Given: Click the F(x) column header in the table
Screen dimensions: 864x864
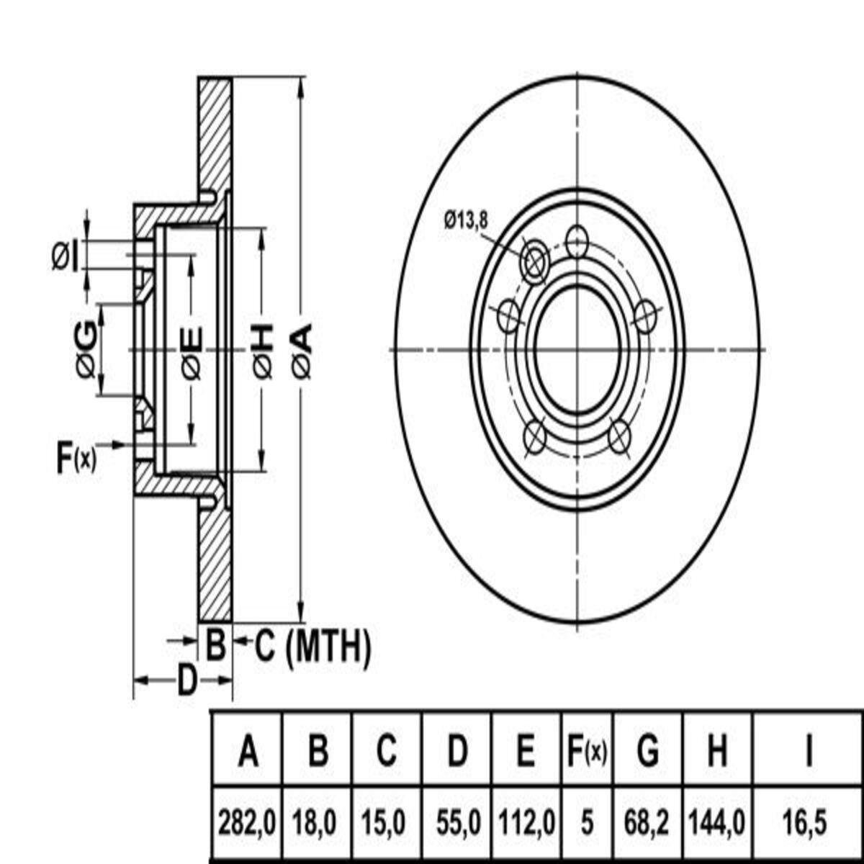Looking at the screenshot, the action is (x=587, y=752).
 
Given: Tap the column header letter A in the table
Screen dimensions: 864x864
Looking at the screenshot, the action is (x=248, y=752).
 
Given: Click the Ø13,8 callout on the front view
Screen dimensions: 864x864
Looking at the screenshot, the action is (x=466, y=220).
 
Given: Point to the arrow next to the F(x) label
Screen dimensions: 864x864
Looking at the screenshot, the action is (x=111, y=444).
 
